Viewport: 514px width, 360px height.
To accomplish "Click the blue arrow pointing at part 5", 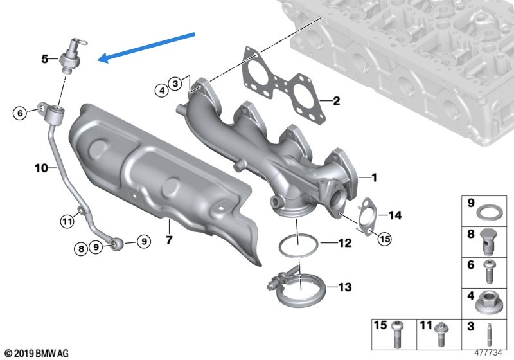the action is pos(146,47).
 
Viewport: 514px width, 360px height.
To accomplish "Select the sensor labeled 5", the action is pos(72,55).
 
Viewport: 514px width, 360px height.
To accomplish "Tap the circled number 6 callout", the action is pos(20,113).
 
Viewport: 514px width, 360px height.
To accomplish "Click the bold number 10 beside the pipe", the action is pos(41,168).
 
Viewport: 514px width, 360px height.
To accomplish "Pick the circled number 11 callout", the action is pos(67,221).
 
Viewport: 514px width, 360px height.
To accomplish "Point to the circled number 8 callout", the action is pos(82,249).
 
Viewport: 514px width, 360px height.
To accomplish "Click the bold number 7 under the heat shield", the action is pos(169,240).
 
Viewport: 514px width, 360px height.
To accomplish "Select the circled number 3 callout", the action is pos(175,84).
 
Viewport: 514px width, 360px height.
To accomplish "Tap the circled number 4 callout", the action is pos(162,90).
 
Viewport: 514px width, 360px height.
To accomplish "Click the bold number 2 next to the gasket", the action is pos(336,101).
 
